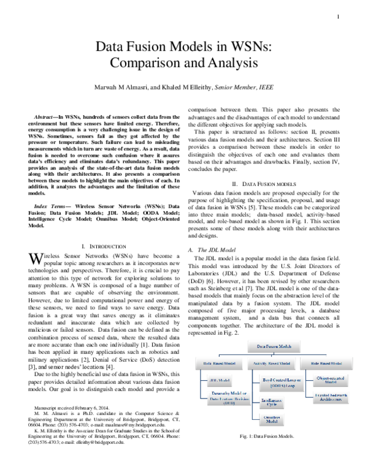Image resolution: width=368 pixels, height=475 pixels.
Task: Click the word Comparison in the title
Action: click(140, 62)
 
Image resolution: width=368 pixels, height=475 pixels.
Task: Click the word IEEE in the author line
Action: click(265, 88)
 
